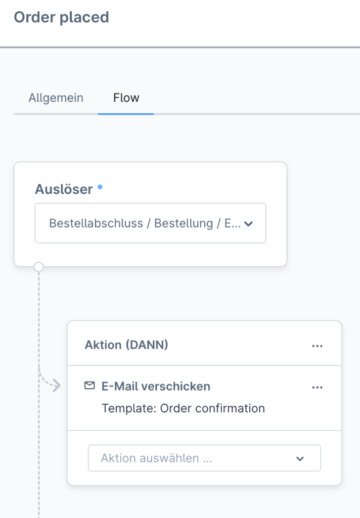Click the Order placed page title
coord(61,17)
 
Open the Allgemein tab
coord(56,98)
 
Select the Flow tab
coord(126,98)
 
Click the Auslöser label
coord(64,189)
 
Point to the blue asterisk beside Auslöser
coord(100,188)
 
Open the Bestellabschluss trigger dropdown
coord(150,223)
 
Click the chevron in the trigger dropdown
coord(248,224)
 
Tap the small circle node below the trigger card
coord(39,267)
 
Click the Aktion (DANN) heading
coord(126,345)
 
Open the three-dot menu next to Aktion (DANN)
coord(317,346)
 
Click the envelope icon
coord(89,385)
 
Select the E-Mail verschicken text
coord(156,386)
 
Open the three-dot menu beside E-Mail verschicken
coord(317,387)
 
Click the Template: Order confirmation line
coord(184,408)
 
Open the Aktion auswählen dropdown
coord(204,458)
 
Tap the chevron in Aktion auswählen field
coord(300,458)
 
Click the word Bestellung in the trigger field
coord(184,224)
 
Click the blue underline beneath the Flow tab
coord(126,114)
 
